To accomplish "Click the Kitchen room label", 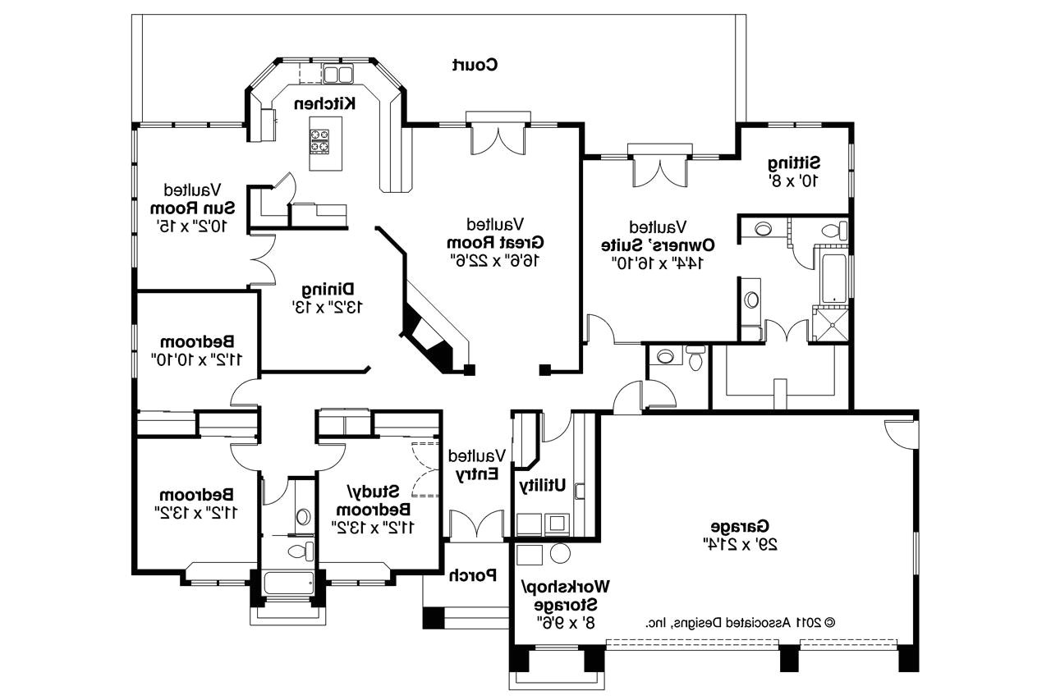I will tap(325, 103).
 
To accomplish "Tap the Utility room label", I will tap(543, 486).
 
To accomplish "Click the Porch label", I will tap(473, 575).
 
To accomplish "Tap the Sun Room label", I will tap(193, 206).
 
